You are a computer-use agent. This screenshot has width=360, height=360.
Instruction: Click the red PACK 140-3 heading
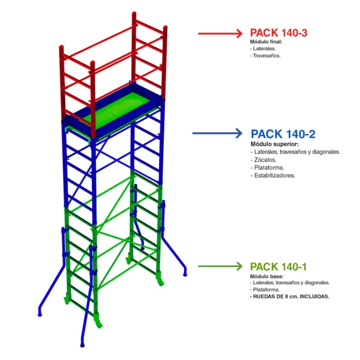[x=278, y=33]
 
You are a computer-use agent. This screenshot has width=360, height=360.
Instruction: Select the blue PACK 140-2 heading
[x=283, y=134]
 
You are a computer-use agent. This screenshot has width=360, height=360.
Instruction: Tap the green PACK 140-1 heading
[x=278, y=267]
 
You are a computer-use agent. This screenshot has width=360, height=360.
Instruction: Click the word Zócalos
[x=265, y=160]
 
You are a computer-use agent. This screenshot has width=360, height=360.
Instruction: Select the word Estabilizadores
[x=274, y=175]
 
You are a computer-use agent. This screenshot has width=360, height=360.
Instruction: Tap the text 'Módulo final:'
[x=266, y=42]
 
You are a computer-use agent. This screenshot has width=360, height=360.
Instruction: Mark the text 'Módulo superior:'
[x=271, y=144]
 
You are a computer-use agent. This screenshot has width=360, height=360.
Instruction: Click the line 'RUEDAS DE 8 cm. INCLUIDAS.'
[x=291, y=296]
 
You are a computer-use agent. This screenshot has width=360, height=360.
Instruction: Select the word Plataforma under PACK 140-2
[x=269, y=167]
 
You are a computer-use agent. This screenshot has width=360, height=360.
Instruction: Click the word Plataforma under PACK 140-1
[x=267, y=290]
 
